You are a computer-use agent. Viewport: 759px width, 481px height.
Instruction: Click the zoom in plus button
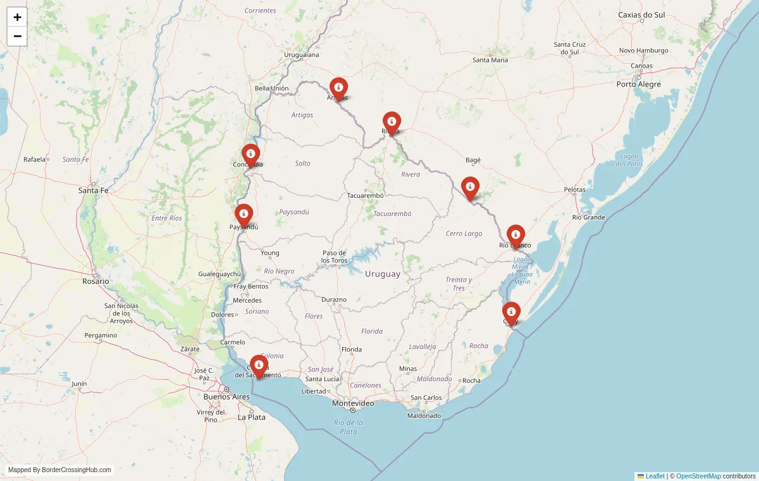[x=17, y=17]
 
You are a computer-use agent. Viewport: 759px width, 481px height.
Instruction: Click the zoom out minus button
[x=17, y=36]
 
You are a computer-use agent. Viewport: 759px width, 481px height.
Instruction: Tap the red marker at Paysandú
[x=244, y=214]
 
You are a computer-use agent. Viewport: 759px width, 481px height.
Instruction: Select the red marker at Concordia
[x=250, y=154]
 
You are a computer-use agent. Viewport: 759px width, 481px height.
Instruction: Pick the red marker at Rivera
[x=392, y=122]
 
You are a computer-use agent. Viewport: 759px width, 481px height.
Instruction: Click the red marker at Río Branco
[x=515, y=235]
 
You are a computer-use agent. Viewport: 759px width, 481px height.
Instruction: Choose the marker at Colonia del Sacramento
[x=259, y=365]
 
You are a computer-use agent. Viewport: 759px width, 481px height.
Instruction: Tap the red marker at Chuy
[x=511, y=312]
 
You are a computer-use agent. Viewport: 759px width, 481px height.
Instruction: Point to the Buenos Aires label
[x=226, y=397]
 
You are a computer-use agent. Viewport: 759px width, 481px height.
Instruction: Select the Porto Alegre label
[x=639, y=84]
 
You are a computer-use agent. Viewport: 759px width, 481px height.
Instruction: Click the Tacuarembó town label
[x=366, y=195]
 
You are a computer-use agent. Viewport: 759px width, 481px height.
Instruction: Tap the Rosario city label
[x=96, y=281]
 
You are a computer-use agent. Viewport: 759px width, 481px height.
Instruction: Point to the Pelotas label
[x=575, y=190]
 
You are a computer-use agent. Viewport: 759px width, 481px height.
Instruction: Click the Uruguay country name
[x=383, y=274]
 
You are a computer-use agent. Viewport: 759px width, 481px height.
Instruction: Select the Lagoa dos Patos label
[x=629, y=160]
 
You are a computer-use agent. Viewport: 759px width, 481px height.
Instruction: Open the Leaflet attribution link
[x=655, y=476]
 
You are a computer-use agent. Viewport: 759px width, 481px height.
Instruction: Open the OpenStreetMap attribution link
[x=698, y=476]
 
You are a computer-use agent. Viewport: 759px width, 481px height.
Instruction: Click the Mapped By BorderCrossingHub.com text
[x=59, y=470]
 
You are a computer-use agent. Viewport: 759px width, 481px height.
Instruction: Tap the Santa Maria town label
[x=490, y=60]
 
